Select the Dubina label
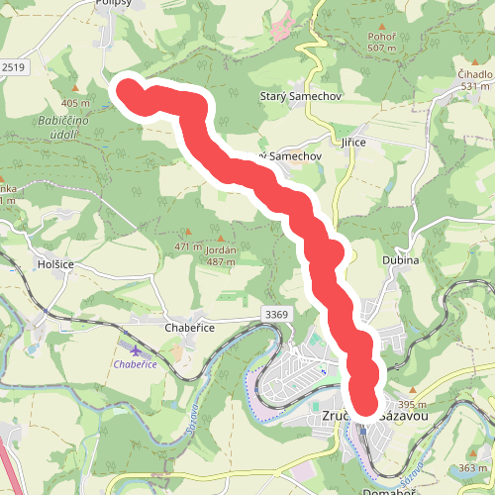400,260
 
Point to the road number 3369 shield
276,314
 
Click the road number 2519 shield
12,66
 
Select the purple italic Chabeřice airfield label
136,364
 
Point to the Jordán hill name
219,250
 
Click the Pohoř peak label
380,35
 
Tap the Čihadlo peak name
475,73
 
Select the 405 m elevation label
74,102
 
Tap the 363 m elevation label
473,467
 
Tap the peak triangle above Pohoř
380,22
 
